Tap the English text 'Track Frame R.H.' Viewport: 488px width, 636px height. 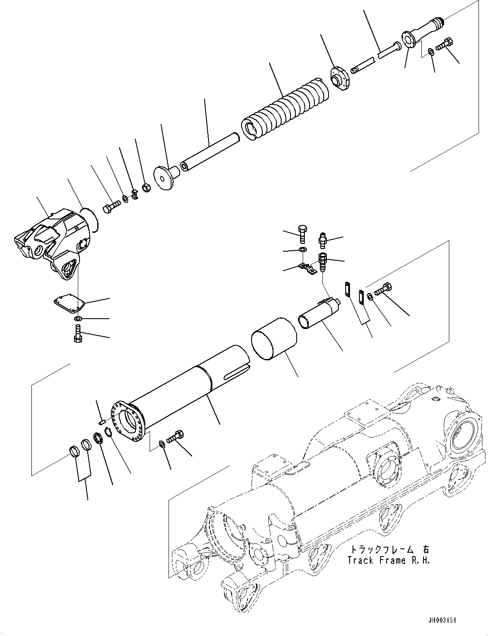click(387, 561)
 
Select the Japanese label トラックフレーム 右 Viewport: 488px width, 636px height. click(387, 550)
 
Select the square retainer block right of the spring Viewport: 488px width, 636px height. click(341, 80)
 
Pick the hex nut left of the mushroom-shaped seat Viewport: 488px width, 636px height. click(145, 188)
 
